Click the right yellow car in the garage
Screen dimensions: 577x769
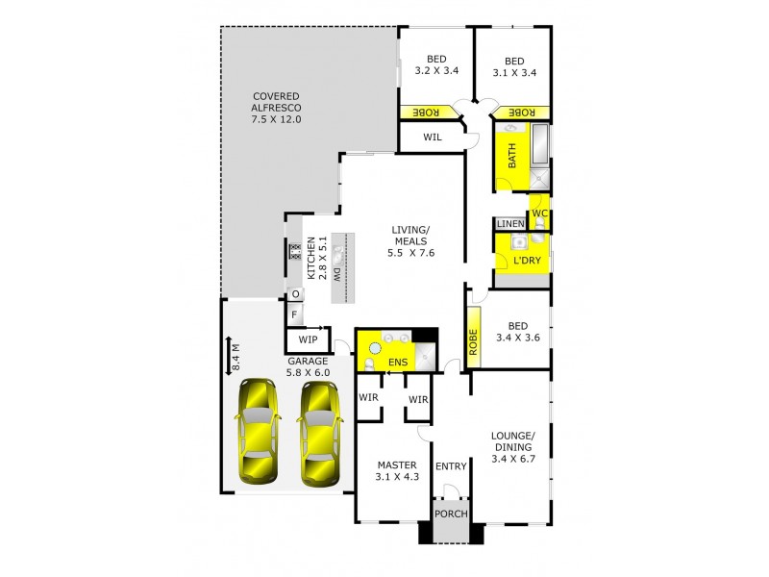[320, 432]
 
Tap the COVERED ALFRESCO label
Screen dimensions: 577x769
[276, 107]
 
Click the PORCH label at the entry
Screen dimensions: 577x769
[450, 514]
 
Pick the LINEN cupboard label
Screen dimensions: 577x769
[510, 225]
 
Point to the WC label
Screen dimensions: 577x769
[538, 213]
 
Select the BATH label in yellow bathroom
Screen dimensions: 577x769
[511, 156]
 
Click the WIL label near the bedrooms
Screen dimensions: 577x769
[432, 138]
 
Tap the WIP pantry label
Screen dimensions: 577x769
[308, 340]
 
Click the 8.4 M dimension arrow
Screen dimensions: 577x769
[231, 355]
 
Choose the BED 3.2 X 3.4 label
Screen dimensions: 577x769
[436, 64]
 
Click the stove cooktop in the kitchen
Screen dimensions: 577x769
[295, 253]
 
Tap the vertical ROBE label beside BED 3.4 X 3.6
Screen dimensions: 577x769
[473, 343]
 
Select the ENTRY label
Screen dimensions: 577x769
[450, 466]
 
